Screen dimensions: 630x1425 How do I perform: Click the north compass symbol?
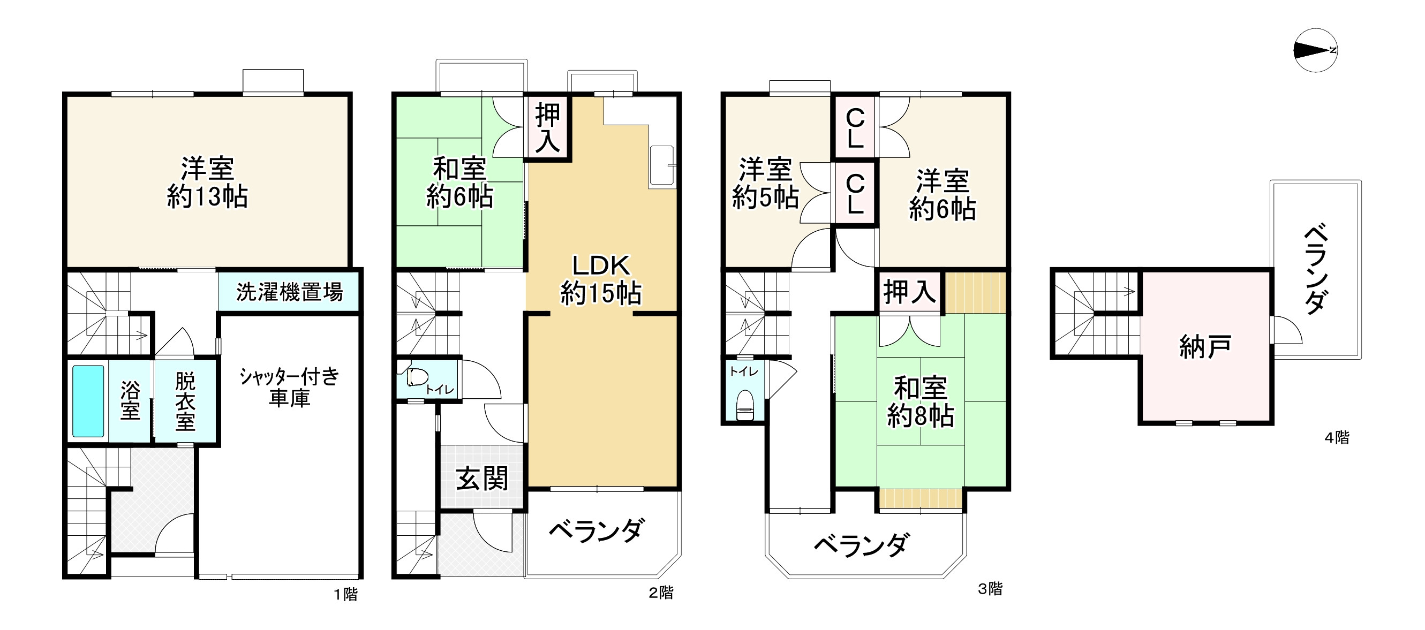[1315, 50]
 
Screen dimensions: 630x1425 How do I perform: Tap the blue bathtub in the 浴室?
[88, 401]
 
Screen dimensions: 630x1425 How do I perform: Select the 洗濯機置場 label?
[289, 292]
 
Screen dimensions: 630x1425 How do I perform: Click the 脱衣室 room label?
[185, 401]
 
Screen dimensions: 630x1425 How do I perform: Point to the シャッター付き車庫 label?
[289, 387]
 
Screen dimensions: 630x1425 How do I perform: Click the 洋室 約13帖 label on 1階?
[207, 183]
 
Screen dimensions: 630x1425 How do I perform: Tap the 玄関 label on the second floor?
[482, 479]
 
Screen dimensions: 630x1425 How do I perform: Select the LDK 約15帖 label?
[601, 280]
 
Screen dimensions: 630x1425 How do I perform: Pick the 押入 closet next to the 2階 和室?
[547, 128]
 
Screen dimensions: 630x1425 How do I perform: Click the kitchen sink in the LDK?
[661, 165]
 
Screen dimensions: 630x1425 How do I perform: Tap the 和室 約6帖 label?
[459, 183]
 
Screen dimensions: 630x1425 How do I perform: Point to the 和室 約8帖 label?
[920, 402]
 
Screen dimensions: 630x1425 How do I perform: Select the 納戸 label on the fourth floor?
[1205, 347]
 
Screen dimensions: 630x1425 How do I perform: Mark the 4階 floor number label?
[1337, 438]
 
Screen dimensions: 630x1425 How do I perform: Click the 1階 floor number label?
[346, 595]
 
